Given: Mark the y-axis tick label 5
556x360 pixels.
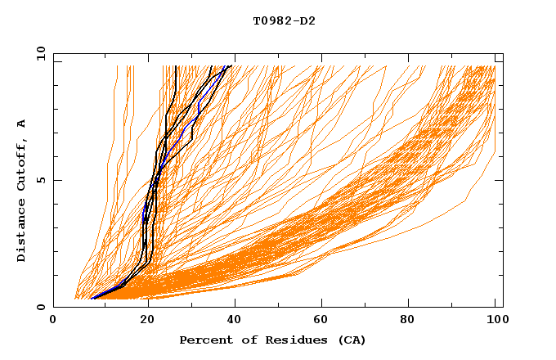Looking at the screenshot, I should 39,180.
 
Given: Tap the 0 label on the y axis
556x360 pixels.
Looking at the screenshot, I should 39,307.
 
